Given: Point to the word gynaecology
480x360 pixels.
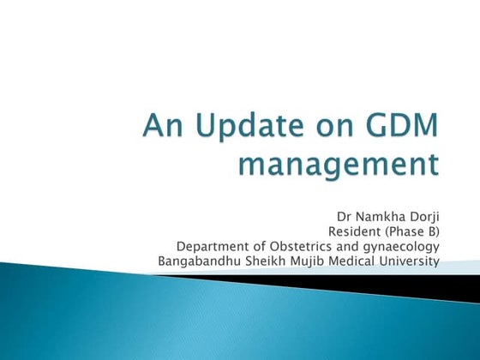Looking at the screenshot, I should [404, 247].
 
